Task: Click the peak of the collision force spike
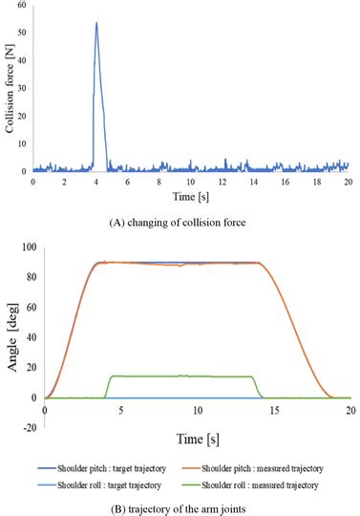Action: click(96, 23)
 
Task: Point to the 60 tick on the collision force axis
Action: click(24, 6)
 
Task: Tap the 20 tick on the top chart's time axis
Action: click(348, 181)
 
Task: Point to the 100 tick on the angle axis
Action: click(28, 247)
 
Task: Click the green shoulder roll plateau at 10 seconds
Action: click(198, 376)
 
